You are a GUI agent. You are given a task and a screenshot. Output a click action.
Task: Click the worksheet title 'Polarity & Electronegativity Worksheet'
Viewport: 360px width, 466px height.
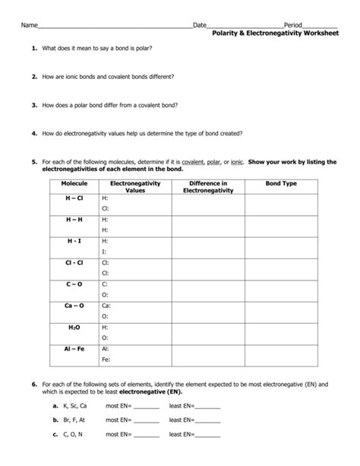[x=275, y=35]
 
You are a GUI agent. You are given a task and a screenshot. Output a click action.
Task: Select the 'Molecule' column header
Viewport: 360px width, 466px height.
[x=74, y=183]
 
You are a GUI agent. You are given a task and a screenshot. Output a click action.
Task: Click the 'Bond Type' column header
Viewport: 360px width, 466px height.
[x=281, y=183]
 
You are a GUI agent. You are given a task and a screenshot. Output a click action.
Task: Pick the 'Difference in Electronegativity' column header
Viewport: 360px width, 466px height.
[x=209, y=187]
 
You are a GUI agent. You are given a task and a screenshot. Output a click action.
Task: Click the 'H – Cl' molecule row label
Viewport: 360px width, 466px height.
[x=74, y=198]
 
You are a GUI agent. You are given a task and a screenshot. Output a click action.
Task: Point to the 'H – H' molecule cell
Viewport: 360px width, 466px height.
[x=74, y=219]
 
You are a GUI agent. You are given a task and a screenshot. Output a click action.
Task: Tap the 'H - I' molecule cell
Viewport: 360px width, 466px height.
[x=74, y=240]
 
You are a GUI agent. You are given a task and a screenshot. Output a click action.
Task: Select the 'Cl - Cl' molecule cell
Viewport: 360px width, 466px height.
[x=74, y=262]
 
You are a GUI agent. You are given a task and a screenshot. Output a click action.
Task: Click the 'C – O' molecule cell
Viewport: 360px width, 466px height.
[x=74, y=284]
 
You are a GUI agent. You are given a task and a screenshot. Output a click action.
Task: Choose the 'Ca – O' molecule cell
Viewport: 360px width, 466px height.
[x=74, y=305]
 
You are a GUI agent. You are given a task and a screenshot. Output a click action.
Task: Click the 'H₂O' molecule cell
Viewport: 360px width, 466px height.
[x=74, y=326]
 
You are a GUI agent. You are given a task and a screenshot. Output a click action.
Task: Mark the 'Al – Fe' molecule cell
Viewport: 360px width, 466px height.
[x=74, y=347]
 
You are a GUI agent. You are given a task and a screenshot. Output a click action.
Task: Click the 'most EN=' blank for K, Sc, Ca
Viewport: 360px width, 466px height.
[x=146, y=408]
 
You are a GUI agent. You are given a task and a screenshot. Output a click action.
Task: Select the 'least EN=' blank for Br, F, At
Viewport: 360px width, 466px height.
[x=207, y=422]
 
